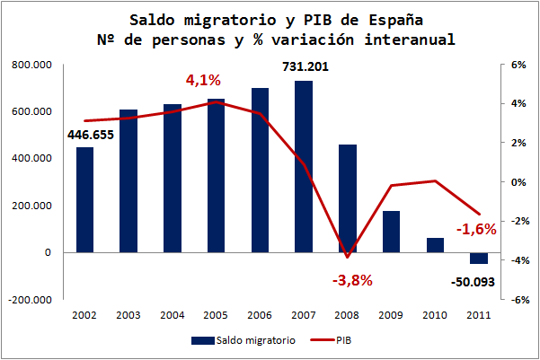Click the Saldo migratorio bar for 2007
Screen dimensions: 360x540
pos(304,166)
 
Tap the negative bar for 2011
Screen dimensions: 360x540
pos(479,259)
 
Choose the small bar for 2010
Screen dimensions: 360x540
pos(435,245)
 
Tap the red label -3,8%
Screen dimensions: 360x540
pos(352,280)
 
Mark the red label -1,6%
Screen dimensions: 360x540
pos(476,230)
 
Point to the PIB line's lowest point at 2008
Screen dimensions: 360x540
pos(347,258)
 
